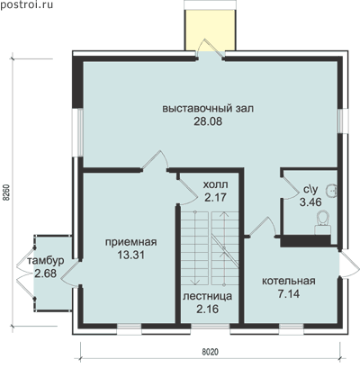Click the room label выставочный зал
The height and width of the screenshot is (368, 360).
[x=208, y=108]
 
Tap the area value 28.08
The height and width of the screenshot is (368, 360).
[x=208, y=121]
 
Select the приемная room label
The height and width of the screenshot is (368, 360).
[x=131, y=242]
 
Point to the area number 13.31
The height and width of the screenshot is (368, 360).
[x=131, y=255]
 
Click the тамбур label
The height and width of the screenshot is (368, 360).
[x=46, y=261]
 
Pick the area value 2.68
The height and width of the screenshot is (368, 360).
[x=45, y=274]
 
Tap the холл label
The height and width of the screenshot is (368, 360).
[x=215, y=184]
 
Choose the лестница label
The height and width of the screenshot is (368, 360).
[x=208, y=296]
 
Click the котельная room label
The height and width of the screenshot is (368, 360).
[x=289, y=281]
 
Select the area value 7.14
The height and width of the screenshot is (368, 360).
[x=289, y=294]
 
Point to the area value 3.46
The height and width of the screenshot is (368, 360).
[x=310, y=202]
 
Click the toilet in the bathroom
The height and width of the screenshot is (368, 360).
[x=322, y=223]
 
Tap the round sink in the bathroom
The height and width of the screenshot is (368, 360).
[x=333, y=190]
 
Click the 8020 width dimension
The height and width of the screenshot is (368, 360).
[x=210, y=352]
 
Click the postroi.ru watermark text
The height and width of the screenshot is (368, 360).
[x=26, y=4]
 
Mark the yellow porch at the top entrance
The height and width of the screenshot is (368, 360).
[x=210, y=30]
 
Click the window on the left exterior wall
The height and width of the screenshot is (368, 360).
[x=78, y=132]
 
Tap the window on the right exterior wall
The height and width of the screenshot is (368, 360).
[x=343, y=121]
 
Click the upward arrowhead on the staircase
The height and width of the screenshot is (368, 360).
[x=224, y=214]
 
